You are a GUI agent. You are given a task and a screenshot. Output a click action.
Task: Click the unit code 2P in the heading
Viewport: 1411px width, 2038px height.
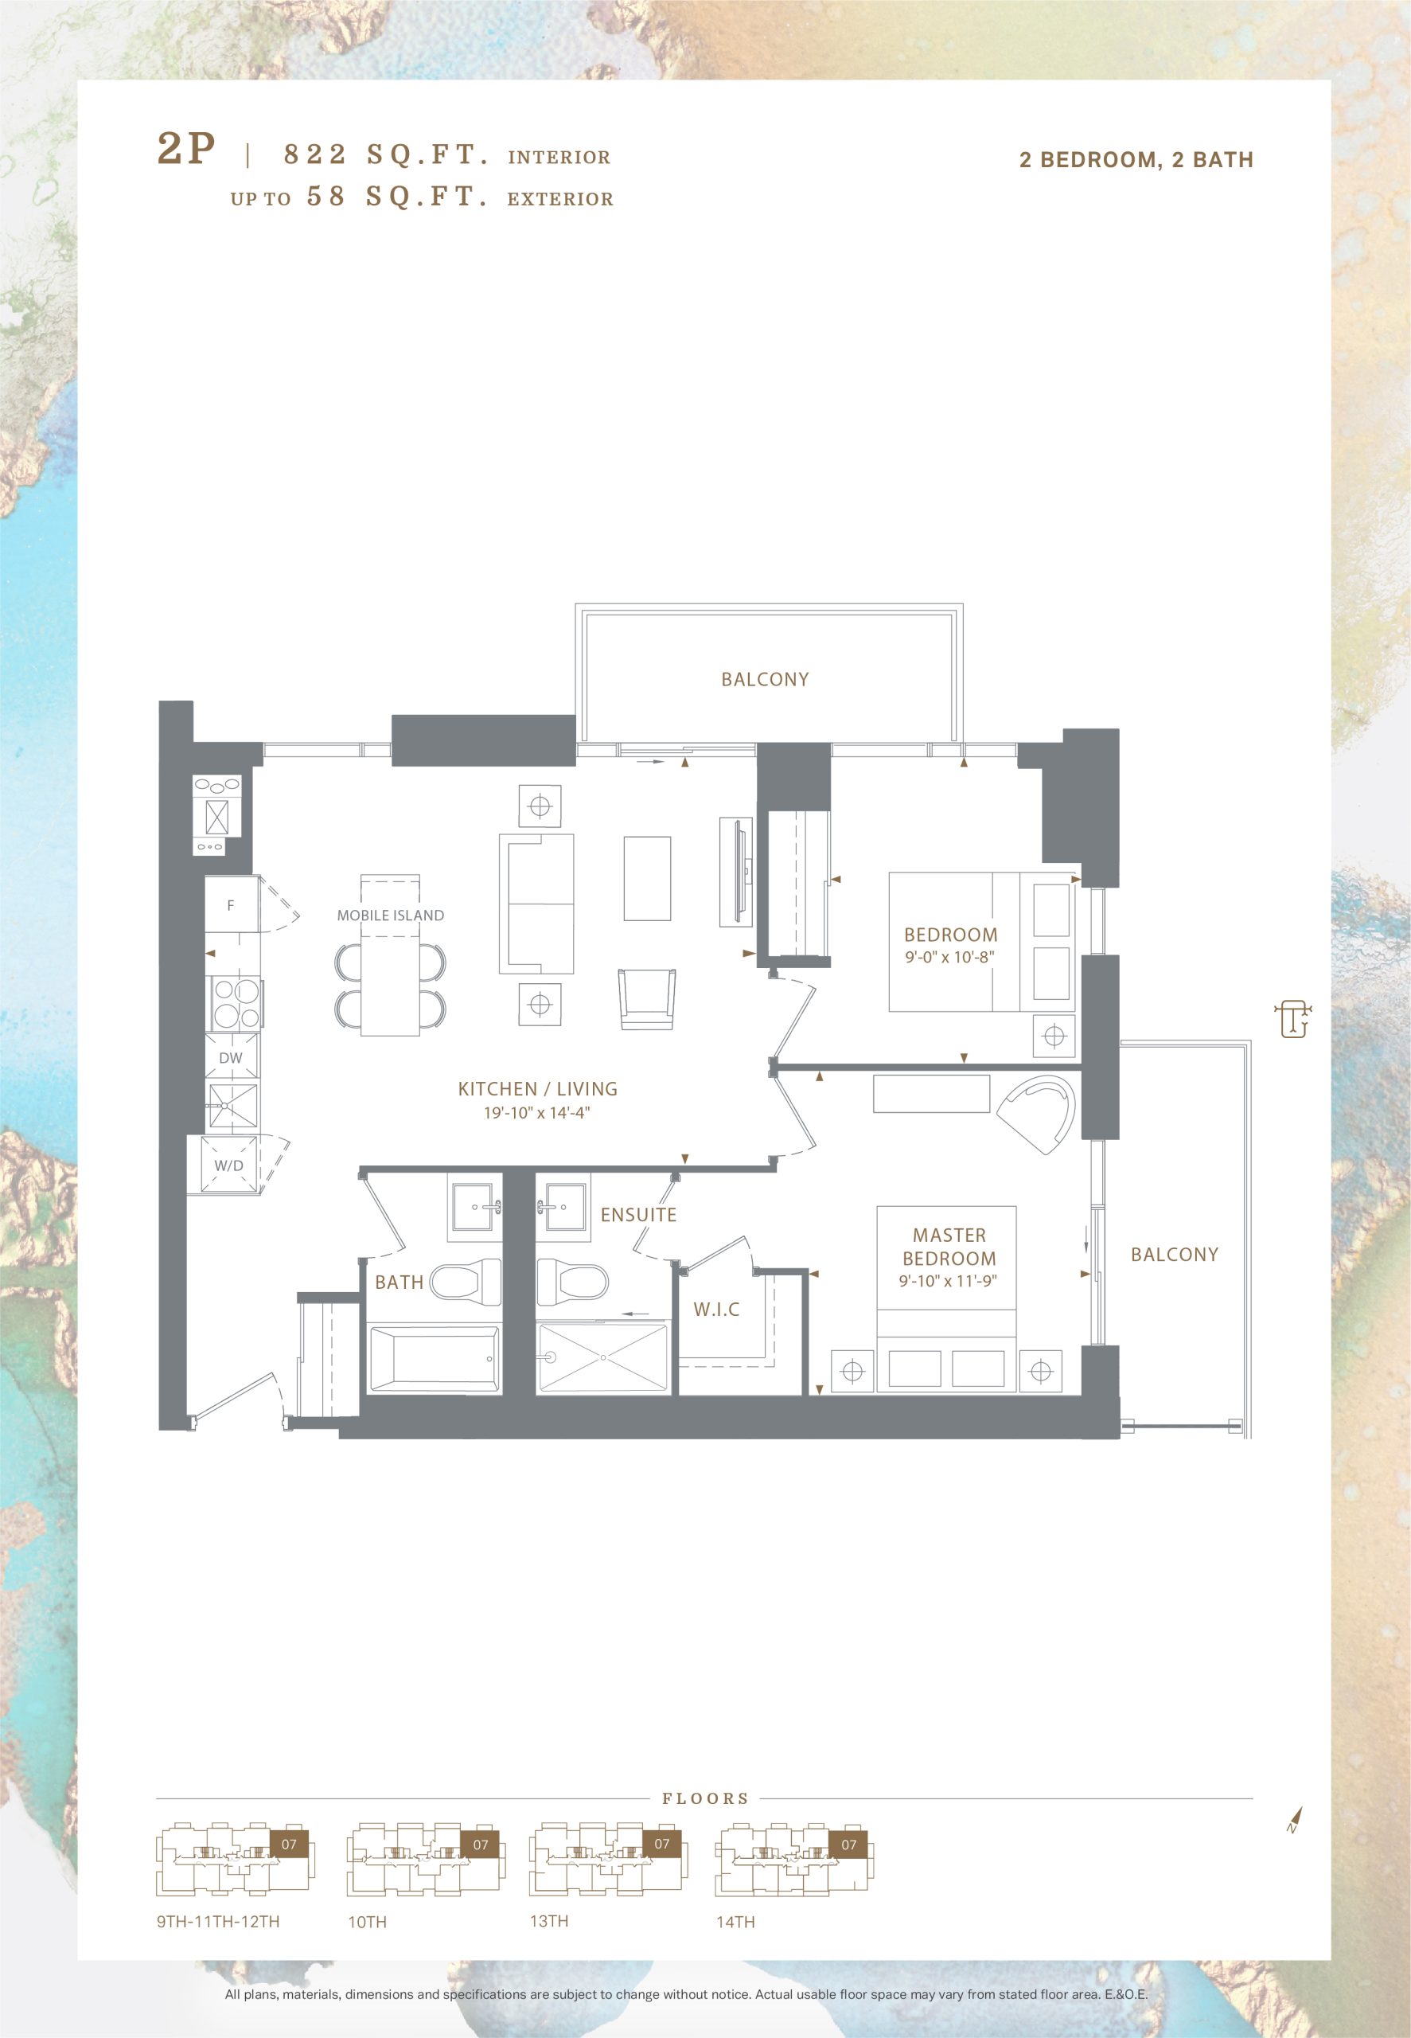pos(185,149)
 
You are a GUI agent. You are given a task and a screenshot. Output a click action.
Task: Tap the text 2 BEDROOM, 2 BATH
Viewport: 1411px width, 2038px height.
pos(1136,160)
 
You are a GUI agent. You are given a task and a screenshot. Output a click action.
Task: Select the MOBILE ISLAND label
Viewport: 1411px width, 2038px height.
pos(390,916)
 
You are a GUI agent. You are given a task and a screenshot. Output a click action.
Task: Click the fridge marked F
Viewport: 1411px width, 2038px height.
pos(232,904)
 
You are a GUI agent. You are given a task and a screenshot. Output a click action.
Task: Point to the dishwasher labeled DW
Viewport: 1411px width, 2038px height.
pos(232,1057)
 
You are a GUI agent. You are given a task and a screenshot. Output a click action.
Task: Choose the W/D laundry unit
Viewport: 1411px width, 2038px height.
pos(230,1165)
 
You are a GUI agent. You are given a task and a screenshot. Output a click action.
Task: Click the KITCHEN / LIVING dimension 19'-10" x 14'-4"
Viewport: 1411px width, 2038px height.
pos(536,1112)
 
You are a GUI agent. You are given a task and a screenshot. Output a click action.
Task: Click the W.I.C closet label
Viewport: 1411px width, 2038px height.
pos(716,1310)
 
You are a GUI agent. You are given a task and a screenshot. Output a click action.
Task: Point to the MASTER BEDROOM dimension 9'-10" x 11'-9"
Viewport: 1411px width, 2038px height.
pos(948,1280)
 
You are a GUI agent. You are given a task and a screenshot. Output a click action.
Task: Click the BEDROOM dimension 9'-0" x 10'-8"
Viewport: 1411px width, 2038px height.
pos(949,957)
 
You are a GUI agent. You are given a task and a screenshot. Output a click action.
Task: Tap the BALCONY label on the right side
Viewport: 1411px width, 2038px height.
pos(1174,1255)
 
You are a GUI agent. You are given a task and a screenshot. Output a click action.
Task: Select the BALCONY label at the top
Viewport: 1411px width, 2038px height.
pos(765,679)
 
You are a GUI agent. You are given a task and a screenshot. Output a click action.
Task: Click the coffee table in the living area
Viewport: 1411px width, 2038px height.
pos(647,879)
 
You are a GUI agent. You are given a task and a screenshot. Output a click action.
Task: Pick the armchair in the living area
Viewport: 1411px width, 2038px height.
pos(647,999)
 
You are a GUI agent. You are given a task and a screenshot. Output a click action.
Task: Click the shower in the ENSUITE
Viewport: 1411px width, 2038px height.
pos(603,1358)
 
